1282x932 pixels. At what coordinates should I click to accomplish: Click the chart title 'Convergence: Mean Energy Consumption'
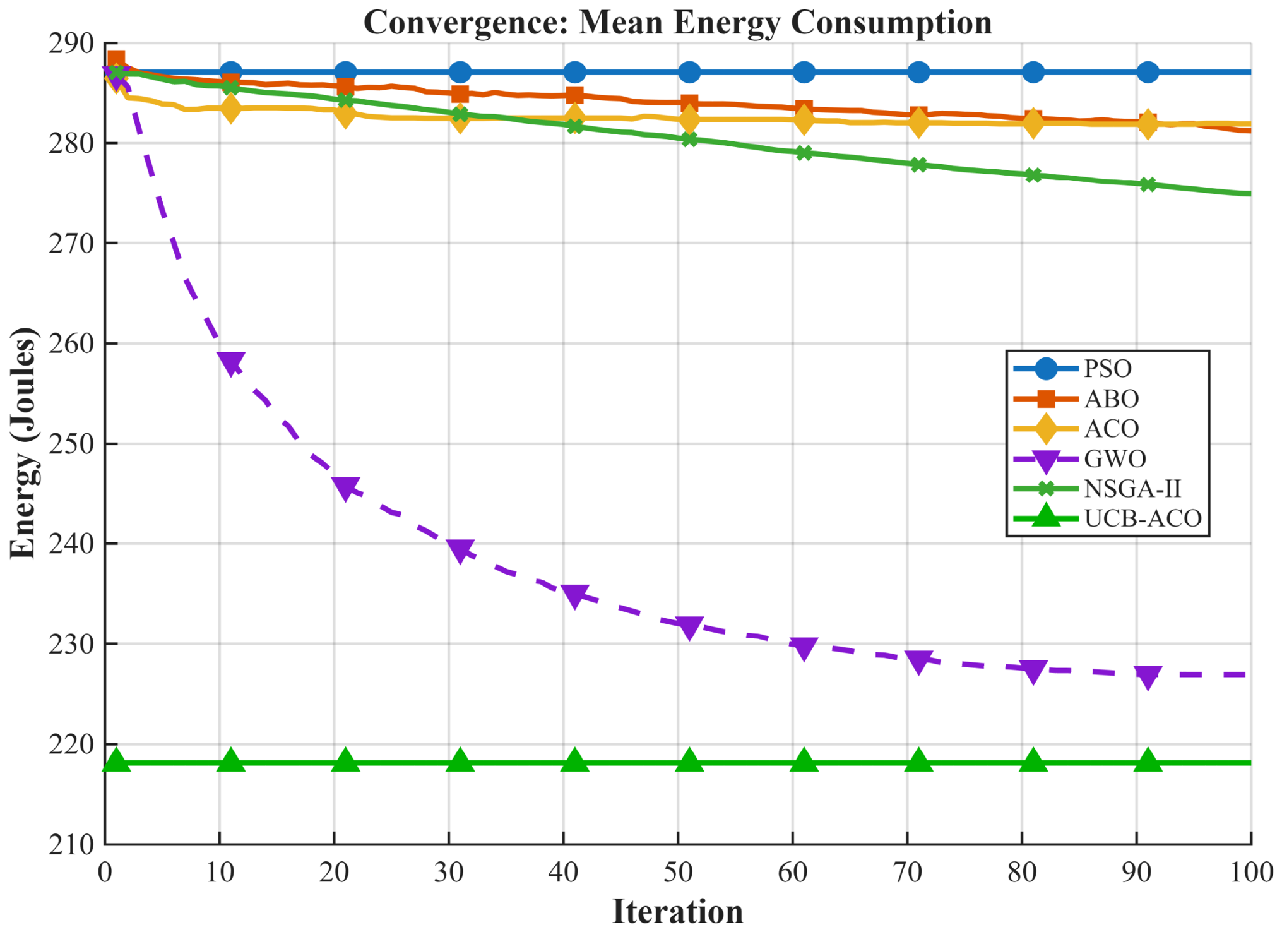click(x=677, y=23)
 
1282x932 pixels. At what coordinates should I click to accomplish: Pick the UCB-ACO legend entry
click(x=1108, y=518)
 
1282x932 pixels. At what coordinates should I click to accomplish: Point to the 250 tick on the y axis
click(x=71, y=444)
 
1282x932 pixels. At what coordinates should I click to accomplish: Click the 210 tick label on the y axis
click(x=71, y=844)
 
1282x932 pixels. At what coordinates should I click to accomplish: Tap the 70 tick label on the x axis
click(x=907, y=873)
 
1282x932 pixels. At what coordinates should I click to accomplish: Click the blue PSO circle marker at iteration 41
click(x=574, y=72)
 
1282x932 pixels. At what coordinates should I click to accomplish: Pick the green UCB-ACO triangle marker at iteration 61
click(x=804, y=761)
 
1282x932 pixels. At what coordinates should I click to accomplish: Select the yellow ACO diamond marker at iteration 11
click(x=231, y=109)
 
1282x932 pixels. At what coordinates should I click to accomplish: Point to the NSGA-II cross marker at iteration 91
click(x=1148, y=184)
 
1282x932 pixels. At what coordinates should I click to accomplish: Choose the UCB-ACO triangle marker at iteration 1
click(x=116, y=761)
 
